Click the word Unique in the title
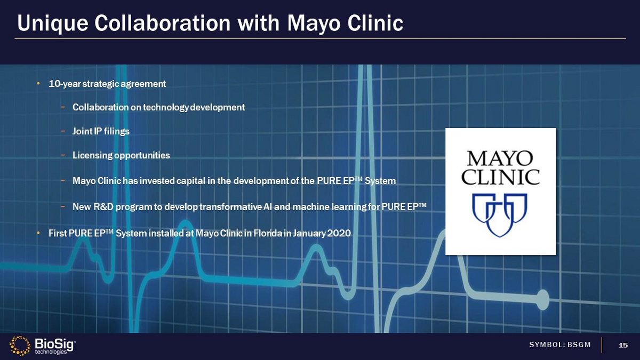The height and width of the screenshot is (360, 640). click(53, 23)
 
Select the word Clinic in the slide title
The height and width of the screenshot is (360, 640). click(375, 23)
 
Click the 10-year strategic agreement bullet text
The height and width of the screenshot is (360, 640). click(107, 84)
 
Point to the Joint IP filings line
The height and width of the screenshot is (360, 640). click(101, 131)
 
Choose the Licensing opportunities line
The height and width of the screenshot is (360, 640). click(121, 155)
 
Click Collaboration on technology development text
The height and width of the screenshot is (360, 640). click(158, 107)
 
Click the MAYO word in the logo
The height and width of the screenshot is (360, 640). click(500, 158)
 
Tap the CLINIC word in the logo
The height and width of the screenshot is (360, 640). click(501, 177)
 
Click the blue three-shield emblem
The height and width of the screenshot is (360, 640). click(500, 215)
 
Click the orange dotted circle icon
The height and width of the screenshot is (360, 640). click(20, 346)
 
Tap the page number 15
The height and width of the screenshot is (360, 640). click(623, 345)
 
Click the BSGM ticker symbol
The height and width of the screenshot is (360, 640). click(579, 345)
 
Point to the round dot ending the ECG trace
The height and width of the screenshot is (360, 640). click(542, 300)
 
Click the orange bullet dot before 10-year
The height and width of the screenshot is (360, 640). click(38, 84)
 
